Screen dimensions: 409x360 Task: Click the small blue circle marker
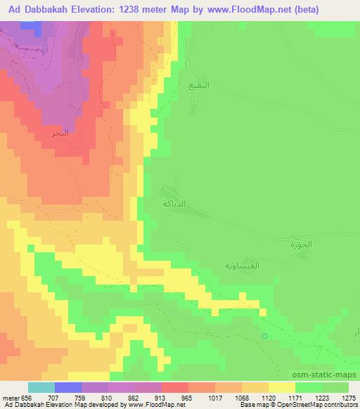click(265, 337)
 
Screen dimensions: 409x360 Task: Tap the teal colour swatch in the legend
click(41, 387)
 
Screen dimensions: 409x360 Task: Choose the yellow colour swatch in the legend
click(282, 387)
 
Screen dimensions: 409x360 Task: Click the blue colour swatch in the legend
click(68, 387)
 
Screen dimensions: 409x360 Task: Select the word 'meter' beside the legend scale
click(11, 396)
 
